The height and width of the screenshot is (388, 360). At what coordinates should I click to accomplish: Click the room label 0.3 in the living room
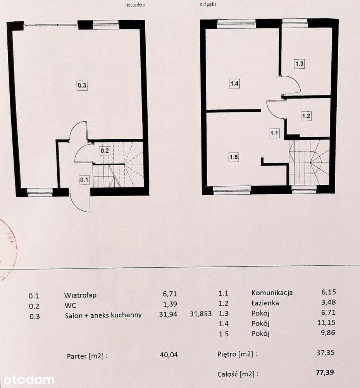pyautogui.click(x=82, y=85)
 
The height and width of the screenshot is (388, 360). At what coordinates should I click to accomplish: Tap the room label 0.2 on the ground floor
pyautogui.click(x=104, y=151)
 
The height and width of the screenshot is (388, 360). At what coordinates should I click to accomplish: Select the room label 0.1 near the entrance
pyautogui.click(x=84, y=180)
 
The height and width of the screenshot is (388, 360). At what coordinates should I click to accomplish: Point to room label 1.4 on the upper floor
pyautogui.click(x=234, y=83)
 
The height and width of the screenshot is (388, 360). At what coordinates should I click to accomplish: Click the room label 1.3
pyautogui.click(x=299, y=64)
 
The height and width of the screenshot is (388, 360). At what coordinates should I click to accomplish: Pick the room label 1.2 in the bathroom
pyautogui.click(x=306, y=116)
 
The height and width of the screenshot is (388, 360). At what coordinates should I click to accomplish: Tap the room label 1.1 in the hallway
pyautogui.click(x=274, y=133)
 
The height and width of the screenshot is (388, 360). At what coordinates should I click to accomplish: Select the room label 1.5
pyautogui.click(x=233, y=157)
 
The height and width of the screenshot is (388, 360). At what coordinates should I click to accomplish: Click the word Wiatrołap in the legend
pyautogui.click(x=81, y=295)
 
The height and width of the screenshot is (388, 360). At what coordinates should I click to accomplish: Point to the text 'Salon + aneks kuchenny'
pyautogui.click(x=103, y=315)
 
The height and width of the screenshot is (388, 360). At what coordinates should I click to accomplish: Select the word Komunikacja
pyautogui.click(x=272, y=293)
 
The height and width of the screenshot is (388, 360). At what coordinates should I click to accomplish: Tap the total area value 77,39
pyautogui.click(x=325, y=373)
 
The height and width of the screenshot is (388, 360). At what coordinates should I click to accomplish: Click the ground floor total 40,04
pyautogui.click(x=169, y=354)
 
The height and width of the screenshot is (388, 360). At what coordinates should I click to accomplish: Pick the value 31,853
pyautogui.click(x=201, y=314)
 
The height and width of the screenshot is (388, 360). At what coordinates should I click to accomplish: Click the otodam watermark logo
pyautogui.click(x=27, y=379)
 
